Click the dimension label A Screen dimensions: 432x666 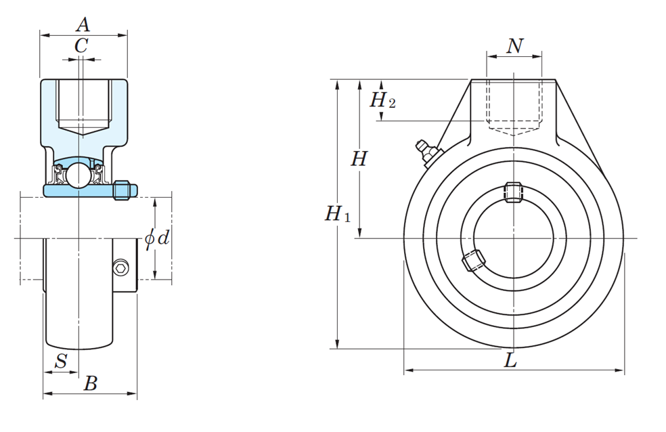click(83, 25)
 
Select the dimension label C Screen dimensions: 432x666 click(81, 46)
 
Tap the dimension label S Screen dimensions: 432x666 click(61, 362)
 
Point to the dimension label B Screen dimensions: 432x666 click(90, 384)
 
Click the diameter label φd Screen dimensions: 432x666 click(157, 238)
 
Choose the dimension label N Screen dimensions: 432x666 click(514, 45)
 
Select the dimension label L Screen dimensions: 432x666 click(510, 361)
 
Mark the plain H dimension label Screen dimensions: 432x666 click(359, 159)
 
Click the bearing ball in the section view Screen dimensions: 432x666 click(79, 174)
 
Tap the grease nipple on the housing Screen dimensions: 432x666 click(426, 152)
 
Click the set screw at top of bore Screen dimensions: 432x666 click(514, 192)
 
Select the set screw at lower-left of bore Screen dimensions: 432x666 click(473, 261)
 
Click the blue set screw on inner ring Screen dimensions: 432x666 click(123, 190)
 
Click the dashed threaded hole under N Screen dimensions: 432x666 click(514, 105)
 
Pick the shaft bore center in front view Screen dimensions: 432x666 click(514, 238)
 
